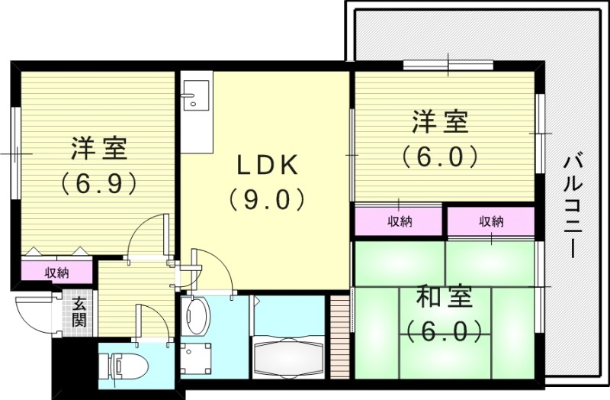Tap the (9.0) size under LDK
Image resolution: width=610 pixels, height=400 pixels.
(x=265, y=199)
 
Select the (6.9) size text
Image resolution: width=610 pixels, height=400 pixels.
(x=98, y=182)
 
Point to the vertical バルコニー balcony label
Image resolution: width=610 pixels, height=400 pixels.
(x=572, y=207)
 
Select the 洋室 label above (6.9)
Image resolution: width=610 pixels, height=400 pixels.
(x=98, y=147)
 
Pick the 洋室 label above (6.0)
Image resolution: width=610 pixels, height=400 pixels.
(x=441, y=121)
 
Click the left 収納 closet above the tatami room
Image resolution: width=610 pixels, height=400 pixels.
(x=399, y=222)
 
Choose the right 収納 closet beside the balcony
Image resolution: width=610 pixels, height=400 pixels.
(x=491, y=222)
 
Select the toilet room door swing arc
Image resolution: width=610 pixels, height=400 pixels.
(x=150, y=321)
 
